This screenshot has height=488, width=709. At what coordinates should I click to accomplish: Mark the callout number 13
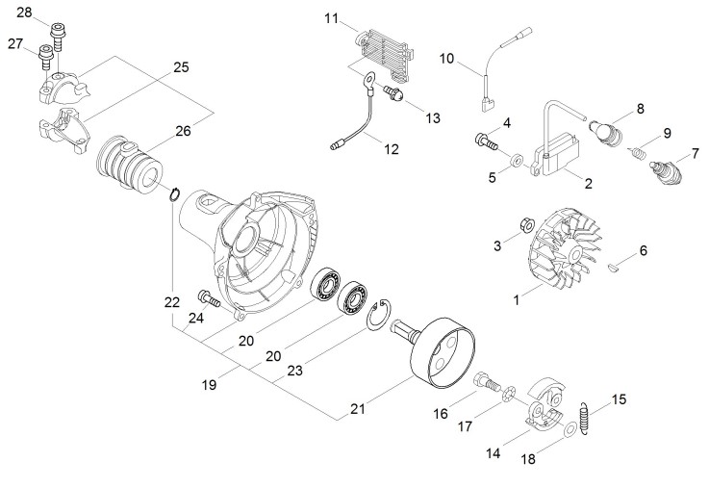pos(432,117)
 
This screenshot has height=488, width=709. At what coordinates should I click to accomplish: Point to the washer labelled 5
pos(518,158)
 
